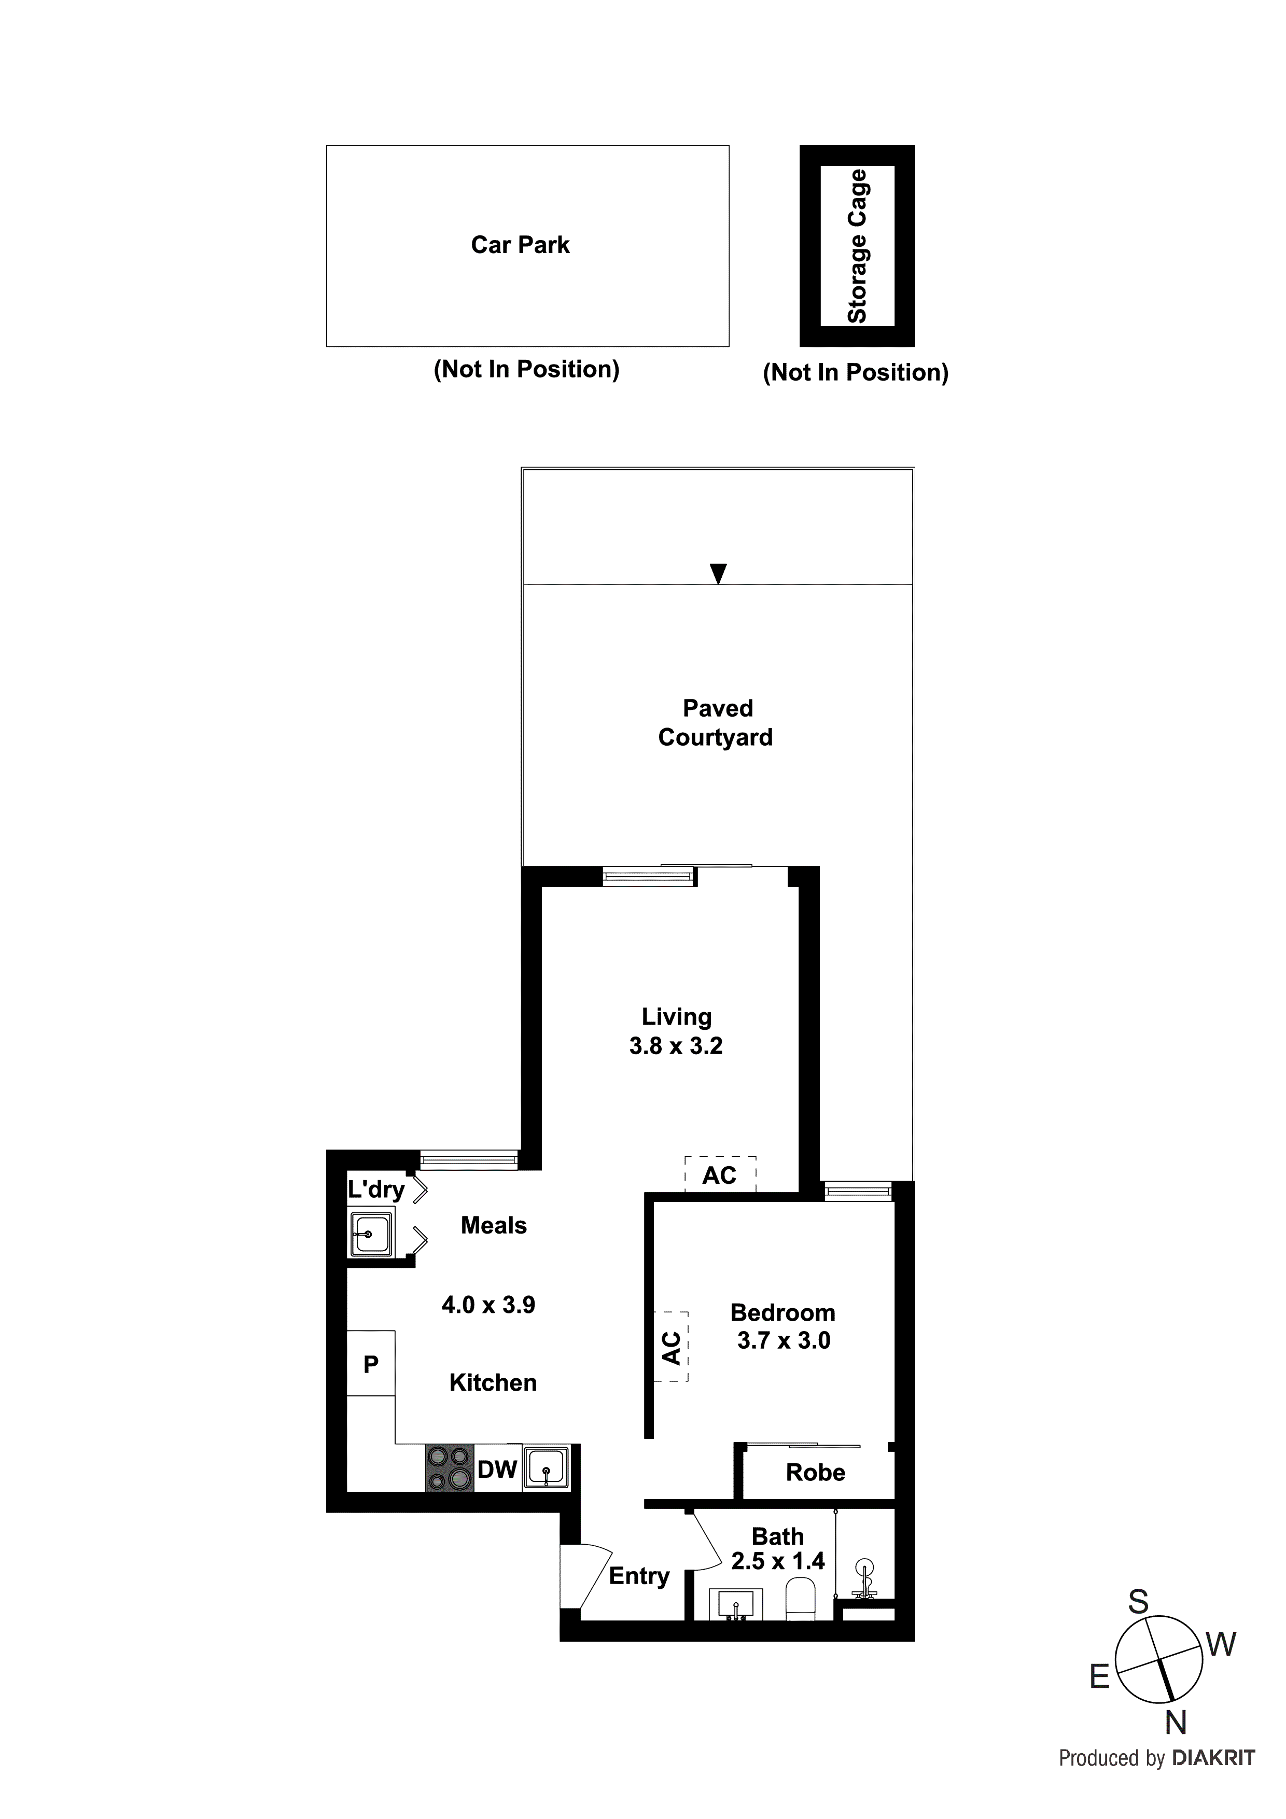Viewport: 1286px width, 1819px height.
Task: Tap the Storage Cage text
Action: click(857, 246)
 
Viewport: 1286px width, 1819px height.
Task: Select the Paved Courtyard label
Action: click(716, 722)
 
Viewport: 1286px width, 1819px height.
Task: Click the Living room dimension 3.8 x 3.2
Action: click(676, 1046)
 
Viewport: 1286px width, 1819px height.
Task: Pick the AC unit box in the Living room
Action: click(719, 1175)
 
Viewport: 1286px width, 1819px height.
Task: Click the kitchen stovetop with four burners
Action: click(449, 1469)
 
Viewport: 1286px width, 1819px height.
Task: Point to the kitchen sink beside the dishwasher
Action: click(546, 1467)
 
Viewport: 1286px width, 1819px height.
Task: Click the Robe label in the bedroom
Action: click(815, 1473)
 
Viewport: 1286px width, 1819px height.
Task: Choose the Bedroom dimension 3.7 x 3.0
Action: click(784, 1340)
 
